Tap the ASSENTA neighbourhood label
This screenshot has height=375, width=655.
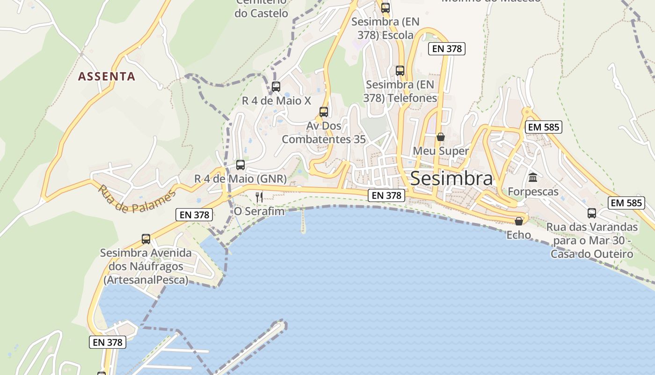(x=107, y=76)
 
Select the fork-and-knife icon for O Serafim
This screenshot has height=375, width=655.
(x=260, y=197)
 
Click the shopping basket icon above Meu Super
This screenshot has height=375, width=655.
(x=441, y=137)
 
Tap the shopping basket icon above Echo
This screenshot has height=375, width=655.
(x=519, y=221)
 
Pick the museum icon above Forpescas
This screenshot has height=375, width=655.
(x=533, y=178)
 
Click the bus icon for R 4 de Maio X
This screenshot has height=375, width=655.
(x=276, y=87)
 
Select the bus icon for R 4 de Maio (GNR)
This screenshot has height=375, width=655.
(x=240, y=165)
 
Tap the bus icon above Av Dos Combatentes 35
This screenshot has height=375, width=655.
(x=324, y=112)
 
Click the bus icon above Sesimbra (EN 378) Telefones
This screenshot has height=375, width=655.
(x=400, y=71)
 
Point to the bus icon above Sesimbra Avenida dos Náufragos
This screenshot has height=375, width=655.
(x=146, y=239)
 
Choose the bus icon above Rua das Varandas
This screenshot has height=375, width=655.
(x=592, y=213)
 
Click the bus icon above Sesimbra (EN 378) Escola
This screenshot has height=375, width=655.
(x=386, y=8)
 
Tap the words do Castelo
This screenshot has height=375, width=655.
(x=262, y=14)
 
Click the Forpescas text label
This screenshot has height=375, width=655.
(x=533, y=192)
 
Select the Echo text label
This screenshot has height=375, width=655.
(x=519, y=235)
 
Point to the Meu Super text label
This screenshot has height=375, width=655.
(x=441, y=151)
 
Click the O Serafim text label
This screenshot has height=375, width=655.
(x=259, y=211)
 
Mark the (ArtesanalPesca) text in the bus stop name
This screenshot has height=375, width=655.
(x=146, y=280)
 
